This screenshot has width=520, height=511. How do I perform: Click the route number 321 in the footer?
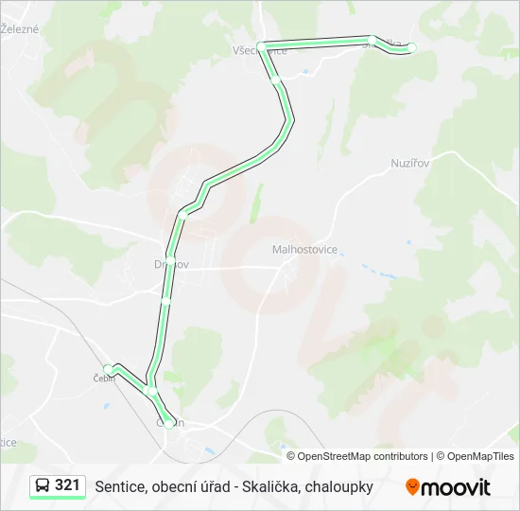click(67, 485)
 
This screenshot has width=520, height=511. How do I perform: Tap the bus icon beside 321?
click(43, 486)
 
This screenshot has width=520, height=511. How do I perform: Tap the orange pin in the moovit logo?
click(412, 487)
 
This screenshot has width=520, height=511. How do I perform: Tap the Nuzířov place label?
click(410, 163)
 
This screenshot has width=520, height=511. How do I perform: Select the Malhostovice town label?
click(304, 250)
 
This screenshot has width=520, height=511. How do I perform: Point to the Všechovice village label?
click(259, 52)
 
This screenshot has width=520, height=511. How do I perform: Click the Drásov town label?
click(171, 264)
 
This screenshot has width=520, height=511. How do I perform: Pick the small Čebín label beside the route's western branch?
click(103, 379)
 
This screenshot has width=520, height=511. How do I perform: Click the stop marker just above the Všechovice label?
click(262, 44)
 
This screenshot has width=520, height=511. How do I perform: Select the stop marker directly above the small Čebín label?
click(108, 368)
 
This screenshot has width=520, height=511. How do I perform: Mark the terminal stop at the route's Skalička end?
click(410, 47)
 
